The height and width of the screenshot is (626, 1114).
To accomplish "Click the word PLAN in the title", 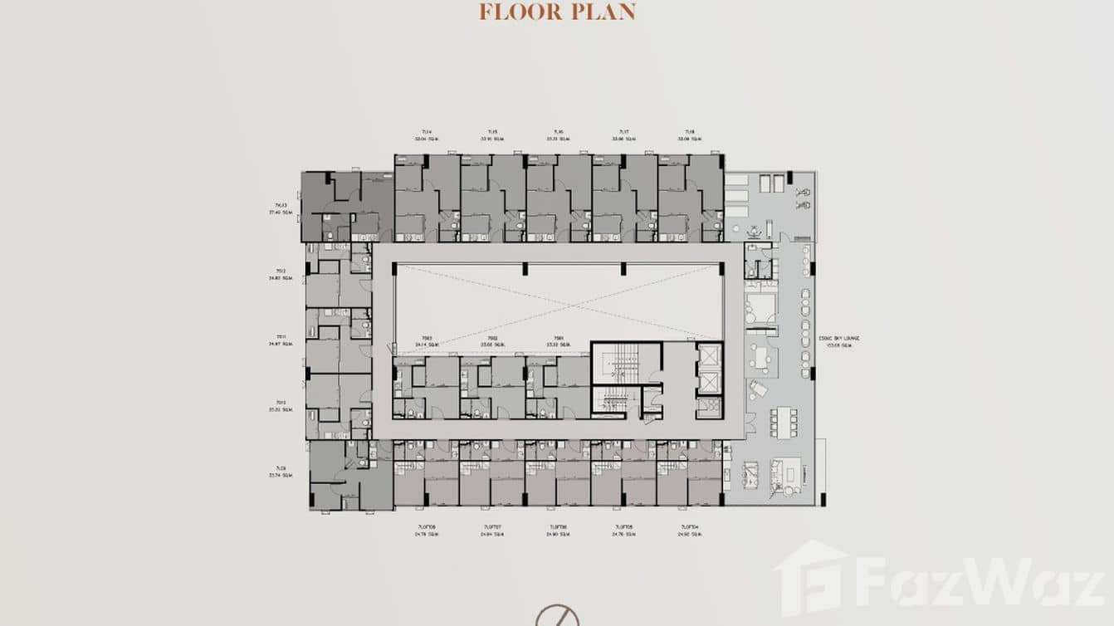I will (606, 12).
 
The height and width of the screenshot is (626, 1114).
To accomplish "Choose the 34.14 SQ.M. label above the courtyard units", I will (426, 345).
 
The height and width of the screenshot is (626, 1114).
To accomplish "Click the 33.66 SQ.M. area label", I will (492, 345).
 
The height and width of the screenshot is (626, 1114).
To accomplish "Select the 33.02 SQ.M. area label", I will (558, 345).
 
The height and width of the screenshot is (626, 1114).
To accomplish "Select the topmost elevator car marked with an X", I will (710, 355).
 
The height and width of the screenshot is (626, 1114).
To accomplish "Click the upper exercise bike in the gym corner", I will (803, 193).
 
